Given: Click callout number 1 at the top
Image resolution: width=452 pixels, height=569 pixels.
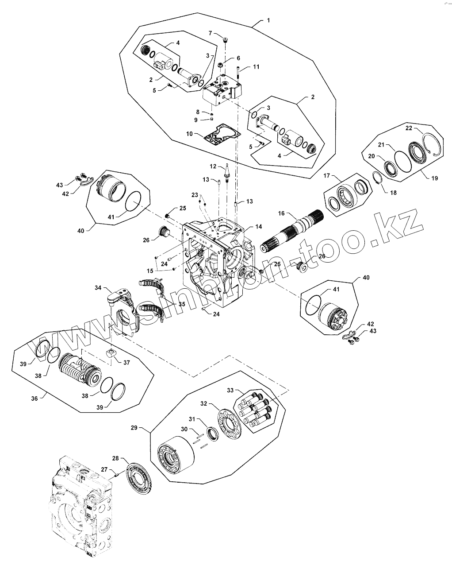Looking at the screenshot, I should coord(268,21).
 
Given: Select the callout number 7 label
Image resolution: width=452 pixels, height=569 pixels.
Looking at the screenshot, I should coord(211,33).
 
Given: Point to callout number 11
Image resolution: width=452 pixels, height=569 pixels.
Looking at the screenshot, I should coord(256,67).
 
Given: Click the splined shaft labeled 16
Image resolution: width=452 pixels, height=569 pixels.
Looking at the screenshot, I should coord(294,228).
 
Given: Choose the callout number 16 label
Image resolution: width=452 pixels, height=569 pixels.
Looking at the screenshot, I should coord(281,213).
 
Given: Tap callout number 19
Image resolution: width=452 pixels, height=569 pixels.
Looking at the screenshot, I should coord(434,178).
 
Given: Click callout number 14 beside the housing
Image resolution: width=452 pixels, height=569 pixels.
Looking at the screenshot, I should coord(259,227).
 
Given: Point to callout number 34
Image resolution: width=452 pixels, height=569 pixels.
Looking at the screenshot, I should coord(98,288).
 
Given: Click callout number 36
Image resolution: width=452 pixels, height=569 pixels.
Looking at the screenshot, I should coord(35,398).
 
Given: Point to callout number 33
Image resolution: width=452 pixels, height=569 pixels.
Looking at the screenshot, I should coord(230,390).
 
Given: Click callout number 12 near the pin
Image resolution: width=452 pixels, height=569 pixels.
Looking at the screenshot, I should coord(213,166).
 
